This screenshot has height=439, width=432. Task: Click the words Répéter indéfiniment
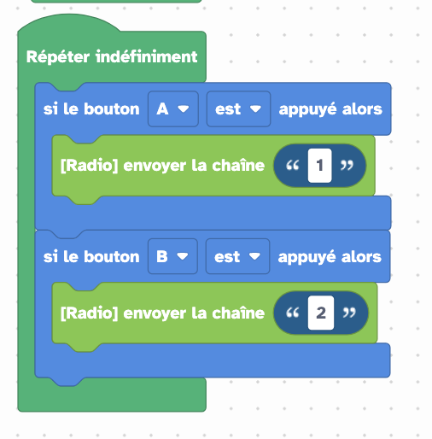(112, 56)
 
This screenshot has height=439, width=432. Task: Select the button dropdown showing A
(173, 109)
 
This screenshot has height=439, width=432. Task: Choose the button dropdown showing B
(172, 256)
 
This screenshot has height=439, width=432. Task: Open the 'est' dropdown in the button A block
(238, 109)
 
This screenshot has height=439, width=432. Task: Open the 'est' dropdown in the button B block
(237, 256)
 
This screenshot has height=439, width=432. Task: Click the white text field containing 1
(319, 166)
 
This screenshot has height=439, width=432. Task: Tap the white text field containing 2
(321, 313)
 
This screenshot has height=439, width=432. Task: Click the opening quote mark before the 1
(293, 165)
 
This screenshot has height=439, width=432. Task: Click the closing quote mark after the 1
(347, 165)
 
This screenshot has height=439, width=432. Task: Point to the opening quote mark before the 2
(293, 312)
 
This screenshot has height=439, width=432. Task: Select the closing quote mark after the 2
(349, 312)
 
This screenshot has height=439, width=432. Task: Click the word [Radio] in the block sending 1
(89, 166)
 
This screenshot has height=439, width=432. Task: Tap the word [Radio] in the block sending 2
(89, 313)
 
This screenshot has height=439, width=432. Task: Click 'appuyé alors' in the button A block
(330, 109)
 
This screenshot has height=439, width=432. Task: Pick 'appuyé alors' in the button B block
(330, 257)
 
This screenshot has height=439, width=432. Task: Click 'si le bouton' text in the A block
(91, 109)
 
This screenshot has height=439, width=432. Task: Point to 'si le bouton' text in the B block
(91, 256)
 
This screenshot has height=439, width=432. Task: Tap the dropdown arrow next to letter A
(183, 109)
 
